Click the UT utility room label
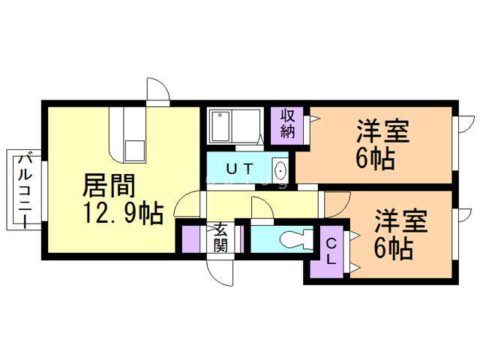pyautogui.click(x=238, y=167)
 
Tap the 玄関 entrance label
pyautogui.click(x=221, y=237)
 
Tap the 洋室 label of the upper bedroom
pyautogui.click(x=382, y=133)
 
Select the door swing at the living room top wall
pyautogui.click(x=157, y=91)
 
